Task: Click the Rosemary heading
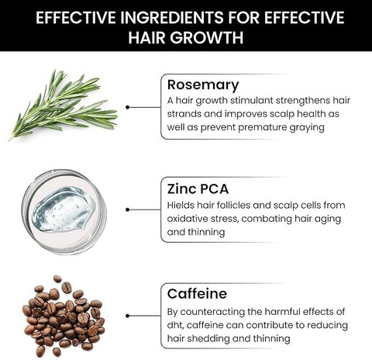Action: (203, 85)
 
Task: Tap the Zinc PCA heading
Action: (198, 189)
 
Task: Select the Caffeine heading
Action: (197, 293)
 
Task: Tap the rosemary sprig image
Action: (63, 106)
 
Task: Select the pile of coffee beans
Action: (64, 317)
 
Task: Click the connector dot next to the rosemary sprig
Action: (127, 107)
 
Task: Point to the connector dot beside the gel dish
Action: (127, 209)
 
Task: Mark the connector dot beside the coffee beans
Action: (127, 316)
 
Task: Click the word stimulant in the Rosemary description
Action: (251, 100)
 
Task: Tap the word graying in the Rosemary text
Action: (307, 128)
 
